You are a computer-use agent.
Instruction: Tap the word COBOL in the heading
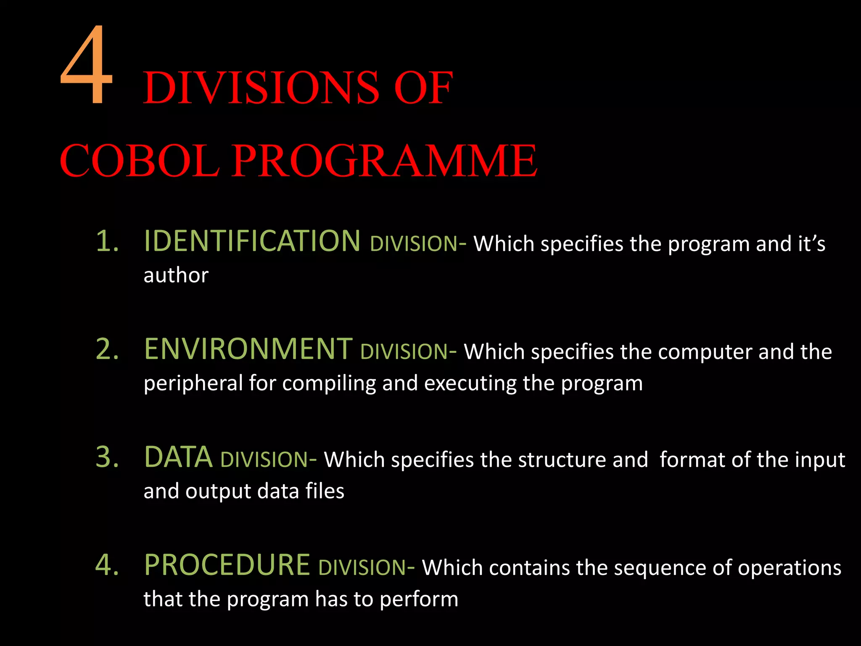[x=139, y=160]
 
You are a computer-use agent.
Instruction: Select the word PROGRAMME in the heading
[x=384, y=160]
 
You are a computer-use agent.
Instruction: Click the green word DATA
[x=178, y=457]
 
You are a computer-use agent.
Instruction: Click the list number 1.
[x=107, y=241]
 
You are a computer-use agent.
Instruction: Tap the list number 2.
[x=107, y=349]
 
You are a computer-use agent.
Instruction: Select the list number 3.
[x=107, y=457]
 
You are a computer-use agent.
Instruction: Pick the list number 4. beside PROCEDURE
[x=107, y=565]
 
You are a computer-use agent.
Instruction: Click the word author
[x=176, y=275]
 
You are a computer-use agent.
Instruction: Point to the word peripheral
[x=193, y=384]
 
